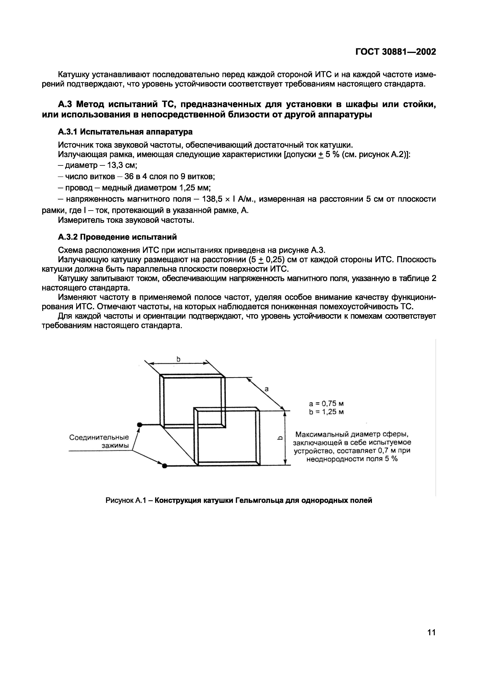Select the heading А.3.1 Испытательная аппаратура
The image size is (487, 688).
point(125,132)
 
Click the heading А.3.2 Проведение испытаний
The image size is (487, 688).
point(117,237)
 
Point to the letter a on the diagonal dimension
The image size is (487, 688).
point(266,389)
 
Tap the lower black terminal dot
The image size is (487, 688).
point(164,466)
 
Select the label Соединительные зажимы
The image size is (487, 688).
point(99,441)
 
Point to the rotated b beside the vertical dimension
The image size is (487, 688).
point(279,438)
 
